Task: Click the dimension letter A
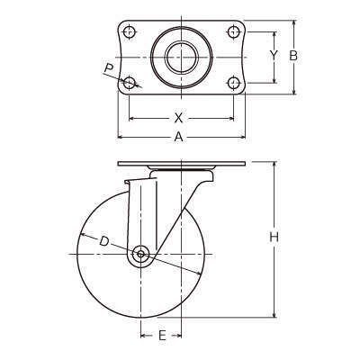178,137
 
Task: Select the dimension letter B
293,56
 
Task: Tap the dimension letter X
178,118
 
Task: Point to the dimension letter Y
274,55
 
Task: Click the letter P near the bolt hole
109,69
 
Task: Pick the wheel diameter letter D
103,241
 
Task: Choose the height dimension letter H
274,238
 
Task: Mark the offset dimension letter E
162,335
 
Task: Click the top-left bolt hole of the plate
130,31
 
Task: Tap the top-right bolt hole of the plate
234,31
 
